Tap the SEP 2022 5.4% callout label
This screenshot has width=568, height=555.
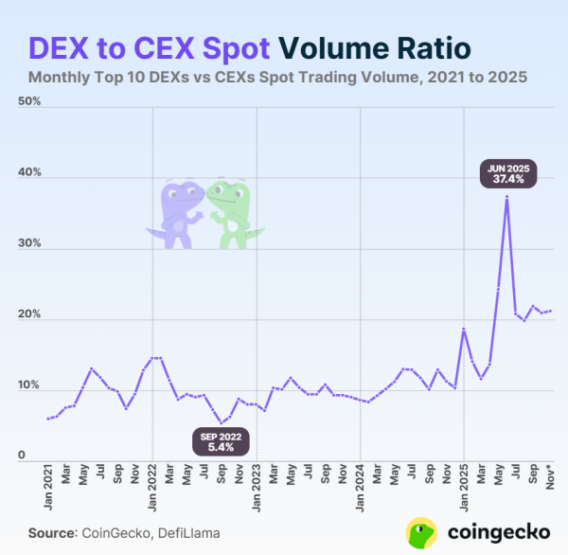[221, 443]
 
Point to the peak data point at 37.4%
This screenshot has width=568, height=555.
[507, 197]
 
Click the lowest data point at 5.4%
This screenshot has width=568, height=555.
[221, 422]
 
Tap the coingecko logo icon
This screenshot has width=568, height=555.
[421, 532]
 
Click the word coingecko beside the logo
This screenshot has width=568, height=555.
[493, 532]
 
